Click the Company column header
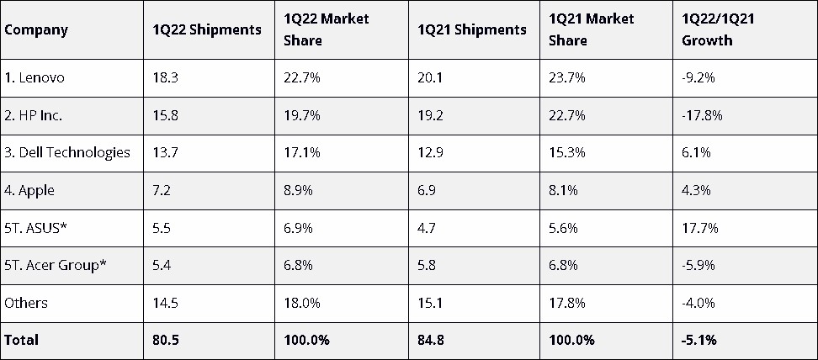tap(36, 29)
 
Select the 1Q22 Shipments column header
tap(207, 29)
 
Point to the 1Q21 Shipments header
tap(472, 29)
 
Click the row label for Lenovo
tap(35, 77)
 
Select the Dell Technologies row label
tap(67, 152)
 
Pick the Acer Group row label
tap(56, 265)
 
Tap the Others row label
tap(26, 303)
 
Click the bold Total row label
tap(21, 340)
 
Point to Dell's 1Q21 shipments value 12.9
tap(430, 152)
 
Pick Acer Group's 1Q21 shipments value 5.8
tap(427, 265)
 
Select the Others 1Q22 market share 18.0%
tap(302, 303)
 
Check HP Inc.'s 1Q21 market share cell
tap(566, 114)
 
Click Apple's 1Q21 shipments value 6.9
tap(427, 190)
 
